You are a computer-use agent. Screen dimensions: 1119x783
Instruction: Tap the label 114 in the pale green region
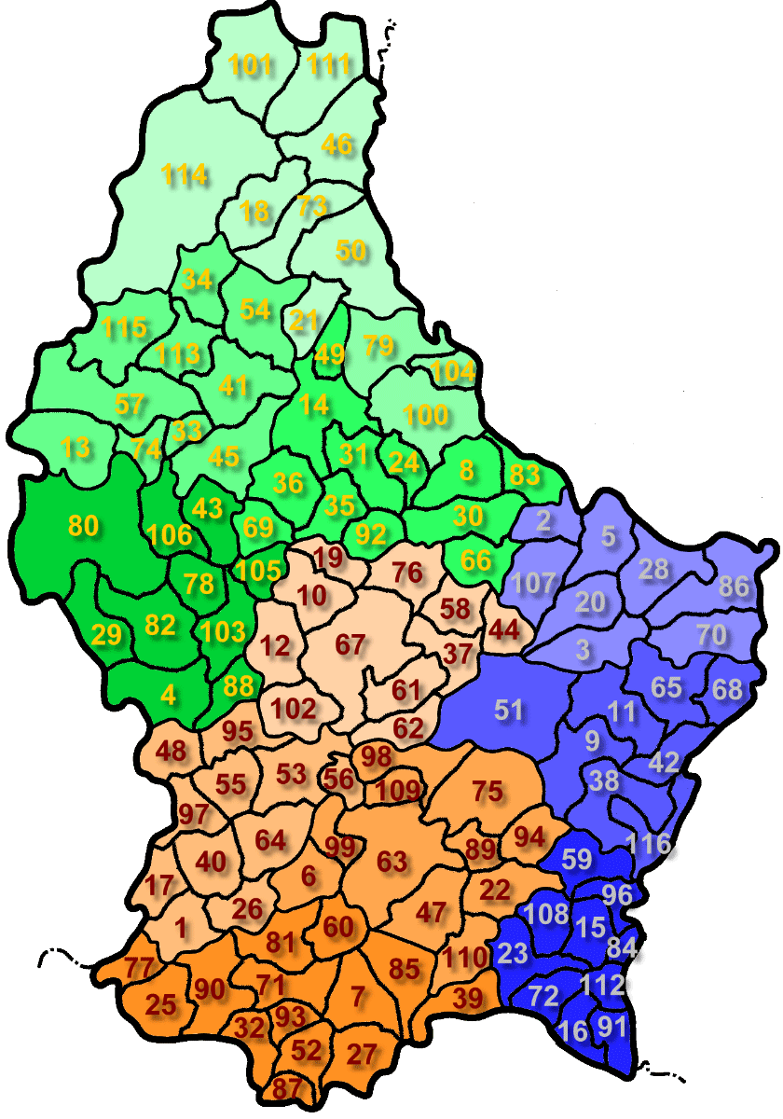tap(184, 173)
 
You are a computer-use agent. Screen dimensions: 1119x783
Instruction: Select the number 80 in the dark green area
tap(83, 526)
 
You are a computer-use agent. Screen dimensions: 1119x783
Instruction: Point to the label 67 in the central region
tap(350, 643)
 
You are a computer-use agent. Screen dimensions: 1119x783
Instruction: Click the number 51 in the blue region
tap(508, 710)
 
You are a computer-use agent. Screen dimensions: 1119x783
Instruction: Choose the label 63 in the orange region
tap(391, 862)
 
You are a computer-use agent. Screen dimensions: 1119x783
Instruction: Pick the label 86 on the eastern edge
tap(734, 587)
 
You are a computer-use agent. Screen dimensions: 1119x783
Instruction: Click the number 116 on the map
tap(649, 845)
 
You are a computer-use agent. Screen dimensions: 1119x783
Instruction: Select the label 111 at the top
tap(329, 64)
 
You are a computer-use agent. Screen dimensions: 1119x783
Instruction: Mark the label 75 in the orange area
tap(487, 792)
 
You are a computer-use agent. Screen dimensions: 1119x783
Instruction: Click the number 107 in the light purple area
tap(533, 585)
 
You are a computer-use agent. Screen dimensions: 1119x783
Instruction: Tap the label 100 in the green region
tap(426, 415)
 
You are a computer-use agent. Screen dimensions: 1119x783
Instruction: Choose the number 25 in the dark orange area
tap(160, 1004)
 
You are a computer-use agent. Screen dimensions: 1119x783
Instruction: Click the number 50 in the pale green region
tap(350, 250)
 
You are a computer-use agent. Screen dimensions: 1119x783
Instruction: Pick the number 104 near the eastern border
tap(453, 370)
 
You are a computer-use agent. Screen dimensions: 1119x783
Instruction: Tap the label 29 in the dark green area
tap(106, 635)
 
